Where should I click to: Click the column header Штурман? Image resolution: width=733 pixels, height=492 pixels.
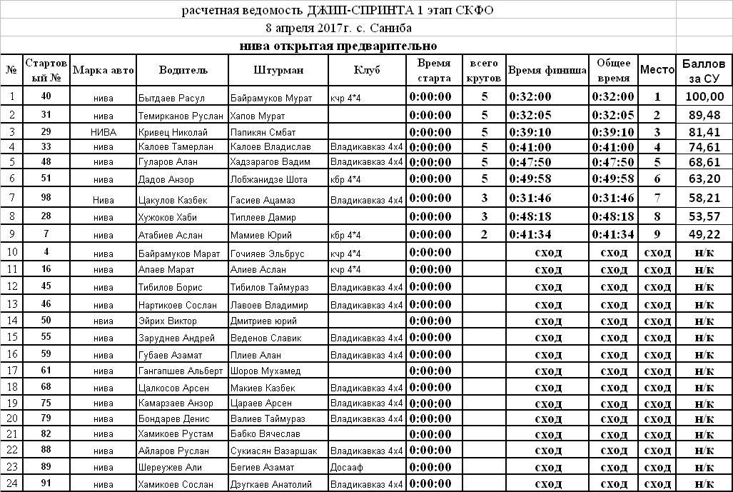click(x=278, y=70)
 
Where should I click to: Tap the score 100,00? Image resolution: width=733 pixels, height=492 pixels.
click(x=704, y=97)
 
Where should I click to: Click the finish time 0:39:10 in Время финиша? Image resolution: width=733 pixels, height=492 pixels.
click(x=530, y=132)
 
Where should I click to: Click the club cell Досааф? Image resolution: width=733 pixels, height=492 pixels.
click(x=345, y=468)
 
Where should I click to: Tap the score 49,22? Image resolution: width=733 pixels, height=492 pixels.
click(x=704, y=235)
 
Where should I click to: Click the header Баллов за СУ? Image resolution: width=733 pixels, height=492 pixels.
click(x=704, y=70)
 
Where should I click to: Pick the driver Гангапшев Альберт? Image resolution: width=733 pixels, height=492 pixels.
click(x=181, y=371)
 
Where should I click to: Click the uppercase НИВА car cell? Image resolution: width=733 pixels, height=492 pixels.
click(x=103, y=132)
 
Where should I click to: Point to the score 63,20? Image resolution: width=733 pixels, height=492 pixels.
click(x=704, y=179)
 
